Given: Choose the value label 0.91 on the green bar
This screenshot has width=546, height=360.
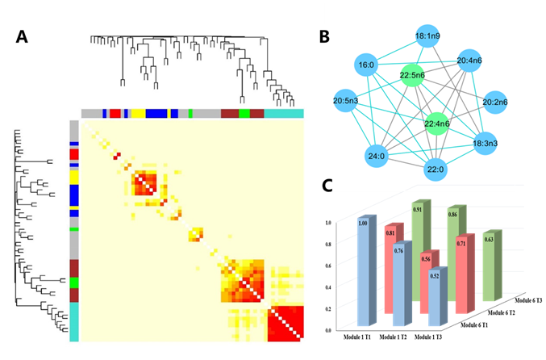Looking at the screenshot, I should (x=417, y=210).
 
